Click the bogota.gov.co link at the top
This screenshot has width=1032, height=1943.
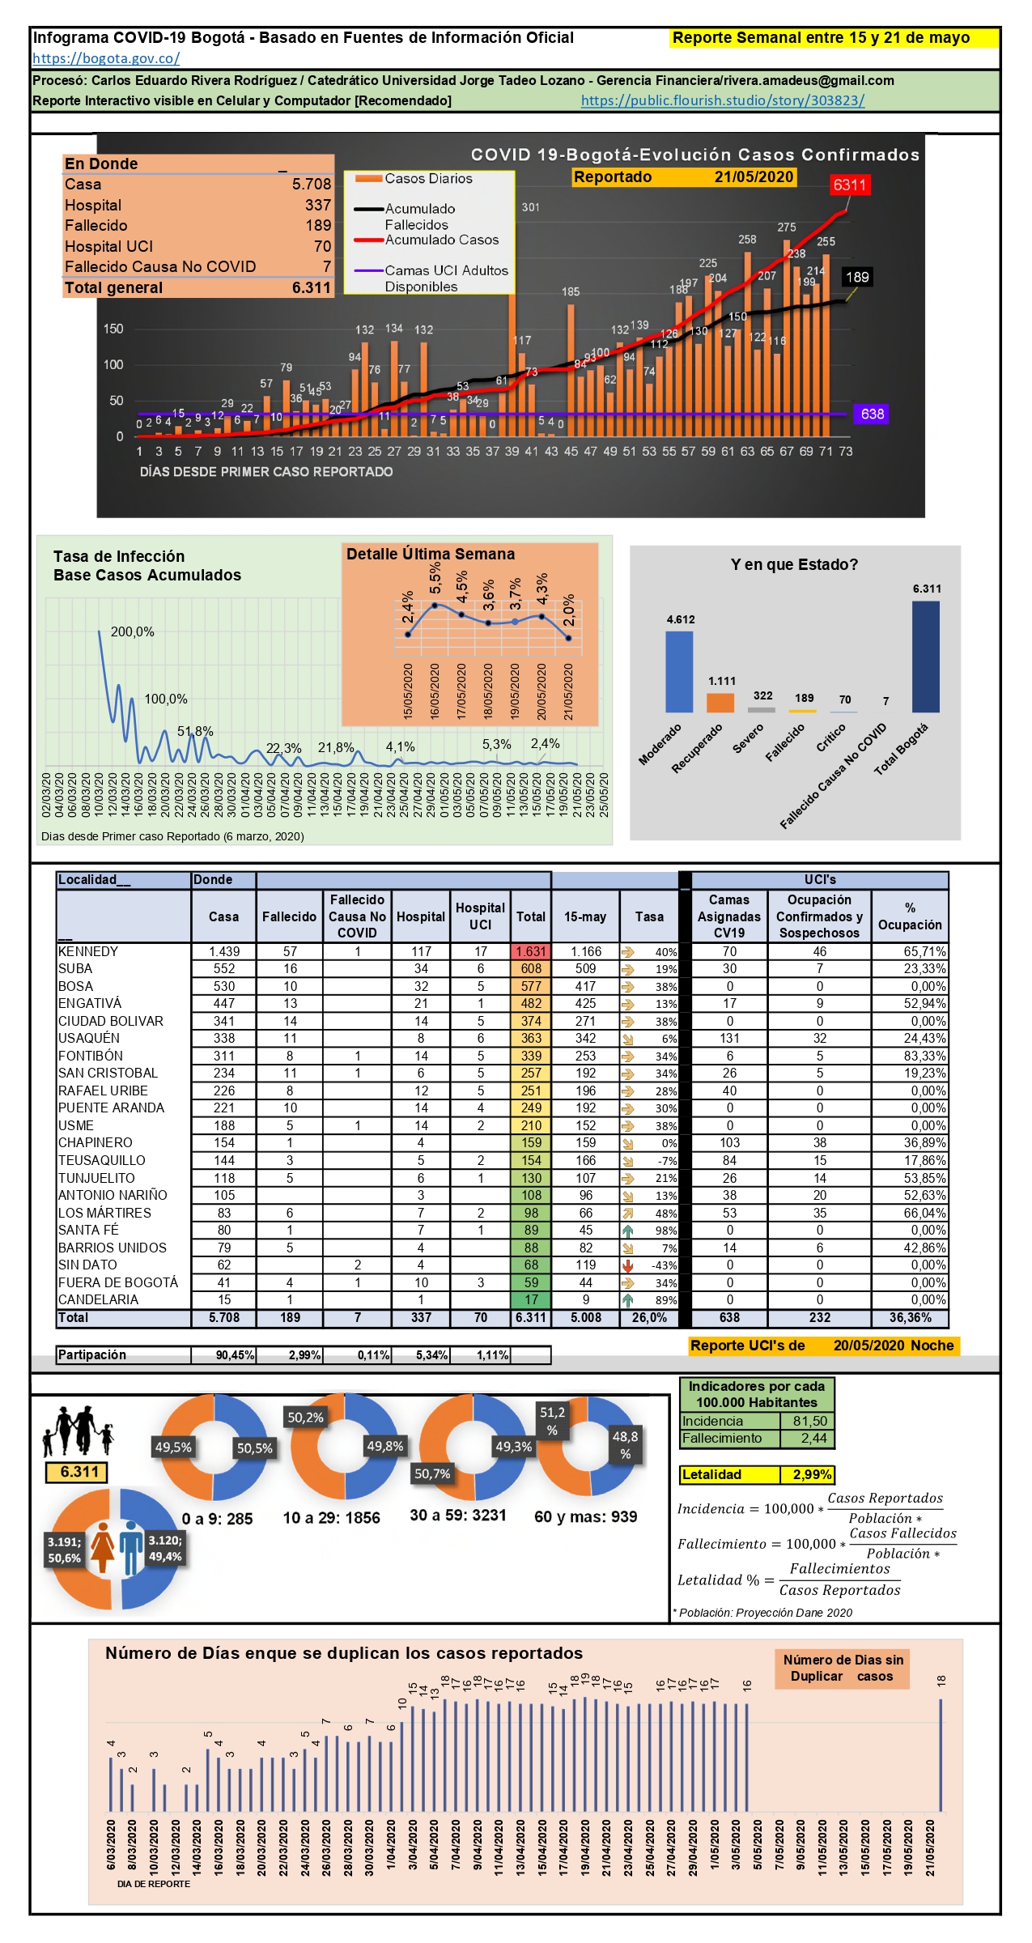[x=106, y=58]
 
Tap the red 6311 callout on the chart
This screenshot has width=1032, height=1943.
[x=849, y=185]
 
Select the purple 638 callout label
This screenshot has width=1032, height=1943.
[x=872, y=415]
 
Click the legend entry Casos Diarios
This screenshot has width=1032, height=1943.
[x=427, y=179]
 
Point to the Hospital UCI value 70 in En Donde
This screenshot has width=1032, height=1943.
[x=322, y=247]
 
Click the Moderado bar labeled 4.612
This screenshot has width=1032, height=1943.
[x=679, y=671]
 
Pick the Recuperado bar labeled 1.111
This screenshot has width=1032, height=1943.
[x=720, y=702]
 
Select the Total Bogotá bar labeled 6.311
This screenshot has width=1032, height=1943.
[x=926, y=657]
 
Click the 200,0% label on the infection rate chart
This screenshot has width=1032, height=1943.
[x=133, y=632]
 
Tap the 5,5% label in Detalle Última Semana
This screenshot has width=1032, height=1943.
[x=435, y=578]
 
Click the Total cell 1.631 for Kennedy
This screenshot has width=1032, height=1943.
[x=531, y=952]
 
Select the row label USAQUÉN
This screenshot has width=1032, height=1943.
[x=89, y=1039]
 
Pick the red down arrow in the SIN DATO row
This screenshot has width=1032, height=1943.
[x=627, y=1265]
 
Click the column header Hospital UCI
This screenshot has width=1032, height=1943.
[x=480, y=916]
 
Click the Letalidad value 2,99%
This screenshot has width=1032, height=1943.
[x=812, y=1475]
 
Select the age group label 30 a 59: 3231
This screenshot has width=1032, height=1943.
[x=458, y=1516]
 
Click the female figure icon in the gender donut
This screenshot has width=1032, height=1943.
[x=103, y=1547]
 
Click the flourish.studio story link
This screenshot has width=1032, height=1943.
[x=723, y=101]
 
